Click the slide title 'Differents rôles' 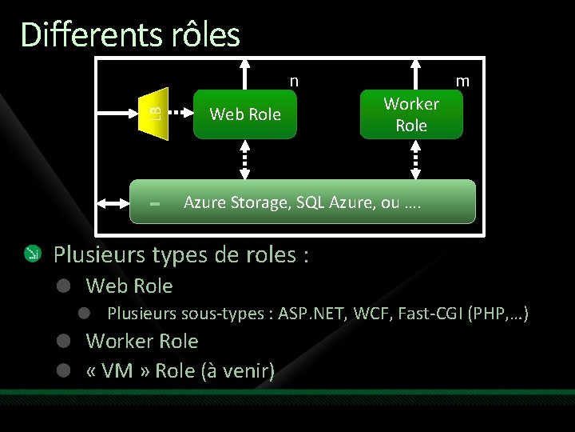pos(130,35)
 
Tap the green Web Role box pos(245,114)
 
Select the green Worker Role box pos(411,114)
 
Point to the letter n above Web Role pos(294,81)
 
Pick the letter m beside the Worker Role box pos(462,81)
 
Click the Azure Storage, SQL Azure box pos(303,202)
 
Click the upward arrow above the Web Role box pos(246,72)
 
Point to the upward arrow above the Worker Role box pos(415,72)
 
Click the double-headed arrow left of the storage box pos(112,203)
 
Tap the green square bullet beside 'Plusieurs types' pos(33,254)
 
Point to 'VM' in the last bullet pos(121,371)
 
